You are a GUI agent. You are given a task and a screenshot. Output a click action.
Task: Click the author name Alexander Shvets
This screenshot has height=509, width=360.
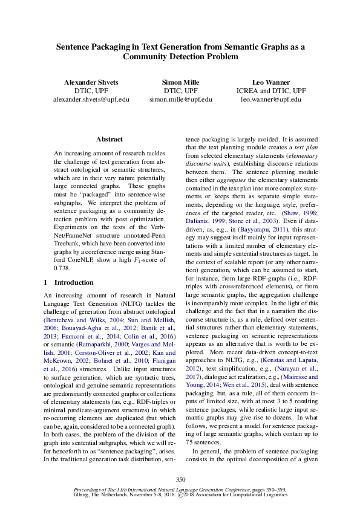tap(91, 81)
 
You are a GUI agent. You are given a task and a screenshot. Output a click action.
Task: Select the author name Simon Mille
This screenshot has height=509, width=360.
tap(180, 81)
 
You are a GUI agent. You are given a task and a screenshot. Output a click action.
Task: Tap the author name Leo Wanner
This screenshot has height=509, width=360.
tap(270, 81)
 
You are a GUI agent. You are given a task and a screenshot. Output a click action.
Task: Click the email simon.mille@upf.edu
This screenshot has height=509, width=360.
tap(180, 98)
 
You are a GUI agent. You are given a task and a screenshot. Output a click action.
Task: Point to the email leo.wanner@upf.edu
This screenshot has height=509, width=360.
tap(270, 98)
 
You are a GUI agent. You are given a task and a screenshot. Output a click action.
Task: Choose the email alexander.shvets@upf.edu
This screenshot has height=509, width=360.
tap(91, 98)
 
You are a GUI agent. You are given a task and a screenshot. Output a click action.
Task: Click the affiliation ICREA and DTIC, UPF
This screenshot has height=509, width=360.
tap(270, 89)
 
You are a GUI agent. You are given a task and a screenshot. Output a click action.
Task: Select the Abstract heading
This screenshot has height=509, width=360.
tap(109, 139)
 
